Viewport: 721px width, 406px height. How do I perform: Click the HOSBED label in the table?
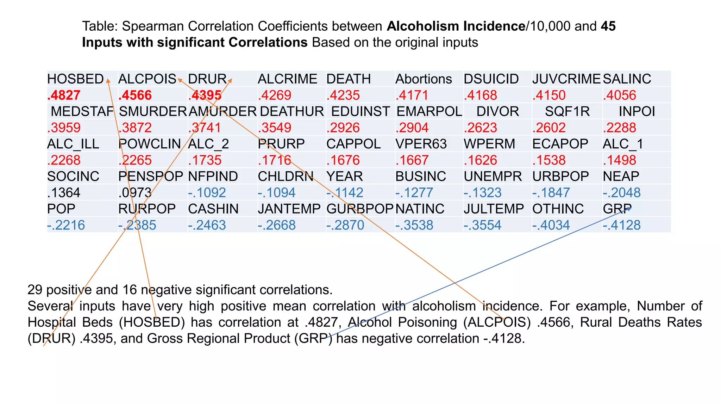pyautogui.click(x=75, y=79)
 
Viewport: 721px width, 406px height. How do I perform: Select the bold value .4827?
pyautogui.click(x=64, y=95)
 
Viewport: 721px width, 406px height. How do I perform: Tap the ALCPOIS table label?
pyautogui.click(x=147, y=79)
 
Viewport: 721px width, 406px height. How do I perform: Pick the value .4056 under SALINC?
pyautogui.click(x=619, y=95)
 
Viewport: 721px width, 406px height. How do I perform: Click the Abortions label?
pyautogui.click(x=424, y=79)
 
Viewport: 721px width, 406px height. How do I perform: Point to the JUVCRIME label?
pyautogui.click(x=566, y=79)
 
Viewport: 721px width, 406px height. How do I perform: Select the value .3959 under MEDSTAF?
pyautogui.click(x=64, y=128)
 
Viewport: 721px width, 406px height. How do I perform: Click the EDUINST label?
pyautogui.click(x=360, y=111)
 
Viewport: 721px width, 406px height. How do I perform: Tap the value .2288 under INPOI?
pyautogui.click(x=619, y=128)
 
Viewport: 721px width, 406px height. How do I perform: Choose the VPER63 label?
pyautogui.click(x=421, y=144)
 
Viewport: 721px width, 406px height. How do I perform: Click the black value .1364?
pyautogui.click(x=64, y=192)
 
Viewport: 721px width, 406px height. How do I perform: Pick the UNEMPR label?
pyautogui.click(x=493, y=176)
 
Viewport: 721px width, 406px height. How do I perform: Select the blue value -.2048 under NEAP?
pyautogui.click(x=622, y=192)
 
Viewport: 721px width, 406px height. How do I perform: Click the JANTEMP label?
pyautogui.click(x=289, y=209)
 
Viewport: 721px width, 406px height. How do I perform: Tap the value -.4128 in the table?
pyautogui.click(x=622, y=225)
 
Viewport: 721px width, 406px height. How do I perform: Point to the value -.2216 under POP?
pyautogui.click(x=66, y=225)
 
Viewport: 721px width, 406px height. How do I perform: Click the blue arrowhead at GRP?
pyautogui.click(x=629, y=209)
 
